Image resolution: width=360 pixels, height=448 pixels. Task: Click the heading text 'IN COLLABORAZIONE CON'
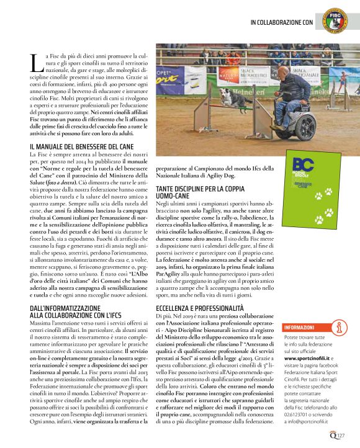pos(282,23)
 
